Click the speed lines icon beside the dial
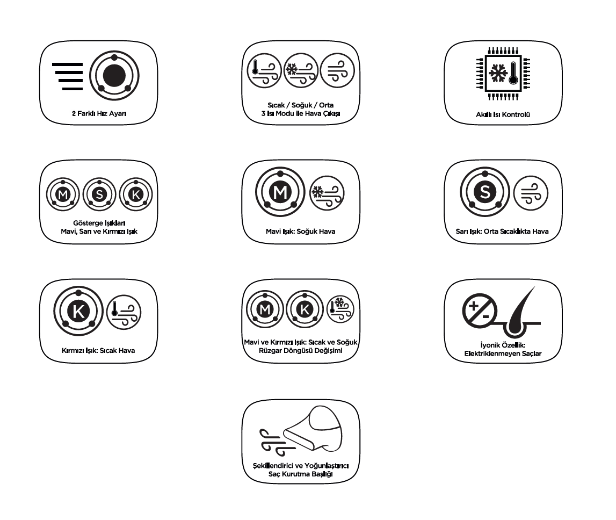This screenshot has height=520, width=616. tap(68, 76)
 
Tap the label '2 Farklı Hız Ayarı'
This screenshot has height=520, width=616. tap(99, 113)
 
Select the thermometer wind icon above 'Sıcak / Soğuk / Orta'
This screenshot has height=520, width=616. tap(264, 71)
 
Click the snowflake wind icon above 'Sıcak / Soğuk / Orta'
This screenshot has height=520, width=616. tap(301, 71)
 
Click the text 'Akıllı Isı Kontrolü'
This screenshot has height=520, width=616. tap(503, 114)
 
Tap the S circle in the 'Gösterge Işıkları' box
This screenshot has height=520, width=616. tap(99, 194)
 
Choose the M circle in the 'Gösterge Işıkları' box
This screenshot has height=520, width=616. tap(63, 194)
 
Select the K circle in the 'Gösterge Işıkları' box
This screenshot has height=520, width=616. tap(136, 194)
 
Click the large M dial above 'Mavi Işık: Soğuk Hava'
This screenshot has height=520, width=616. tap(280, 192)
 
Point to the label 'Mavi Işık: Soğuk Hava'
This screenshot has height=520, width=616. tap(301, 232)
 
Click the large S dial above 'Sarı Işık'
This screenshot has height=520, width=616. tap(485, 192)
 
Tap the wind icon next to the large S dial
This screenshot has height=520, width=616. tap(531, 193)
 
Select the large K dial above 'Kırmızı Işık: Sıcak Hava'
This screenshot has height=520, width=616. tap(78, 311)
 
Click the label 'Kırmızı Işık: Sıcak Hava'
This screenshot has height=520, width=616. tap(98, 351)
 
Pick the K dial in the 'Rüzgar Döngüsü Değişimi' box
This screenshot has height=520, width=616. tap(305, 309)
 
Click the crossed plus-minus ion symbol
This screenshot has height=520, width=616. tap(479, 310)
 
